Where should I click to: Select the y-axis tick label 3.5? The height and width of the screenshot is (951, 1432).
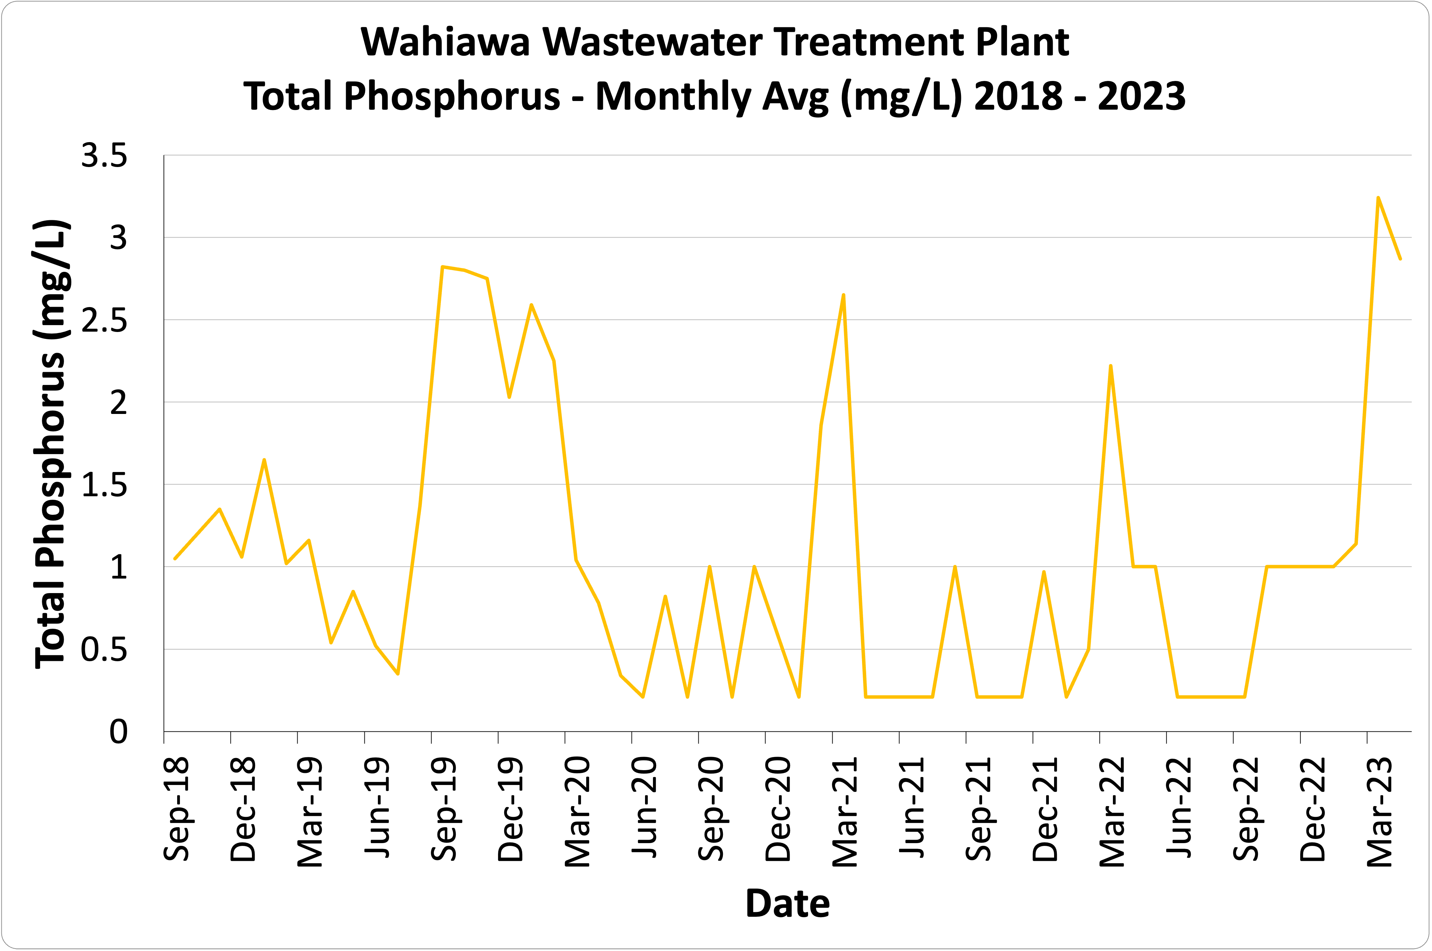pyautogui.click(x=105, y=156)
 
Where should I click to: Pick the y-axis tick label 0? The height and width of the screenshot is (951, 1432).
pyautogui.click(x=118, y=732)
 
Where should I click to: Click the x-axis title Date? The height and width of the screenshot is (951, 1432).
pyautogui.click(x=787, y=904)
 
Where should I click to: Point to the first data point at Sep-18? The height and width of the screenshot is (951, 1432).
pyautogui.click(x=175, y=558)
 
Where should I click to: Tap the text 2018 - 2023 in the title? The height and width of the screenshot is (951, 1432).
pyautogui.click(x=1080, y=97)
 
